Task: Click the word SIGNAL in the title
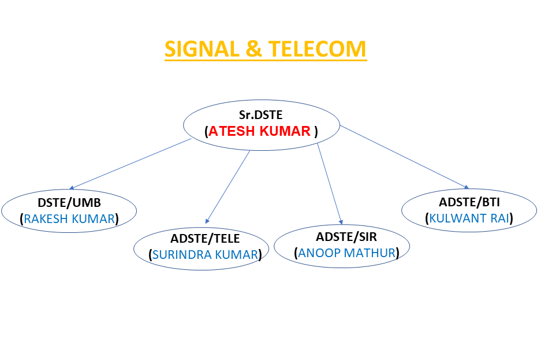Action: [202, 49]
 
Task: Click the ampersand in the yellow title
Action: [254, 49]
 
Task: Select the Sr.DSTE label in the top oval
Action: [261, 115]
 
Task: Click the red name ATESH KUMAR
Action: [259, 131]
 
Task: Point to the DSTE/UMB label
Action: [69, 203]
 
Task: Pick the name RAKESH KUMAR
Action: [69, 218]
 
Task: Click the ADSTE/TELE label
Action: [205, 239]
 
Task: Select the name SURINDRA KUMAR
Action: [205, 255]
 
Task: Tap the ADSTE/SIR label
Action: [346, 237]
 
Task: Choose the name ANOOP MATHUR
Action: [346, 253]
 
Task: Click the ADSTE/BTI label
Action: [469, 202]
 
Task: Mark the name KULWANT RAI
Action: [469, 218]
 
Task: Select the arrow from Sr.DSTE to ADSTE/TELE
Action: [228, 187]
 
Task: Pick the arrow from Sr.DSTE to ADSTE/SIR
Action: [330, 184]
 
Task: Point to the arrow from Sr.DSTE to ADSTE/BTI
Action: [404, 157]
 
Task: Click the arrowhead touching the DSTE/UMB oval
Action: [72, 188]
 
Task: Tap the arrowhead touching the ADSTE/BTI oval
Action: [467, 187]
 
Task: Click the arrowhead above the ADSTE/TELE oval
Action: [207, 221]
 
